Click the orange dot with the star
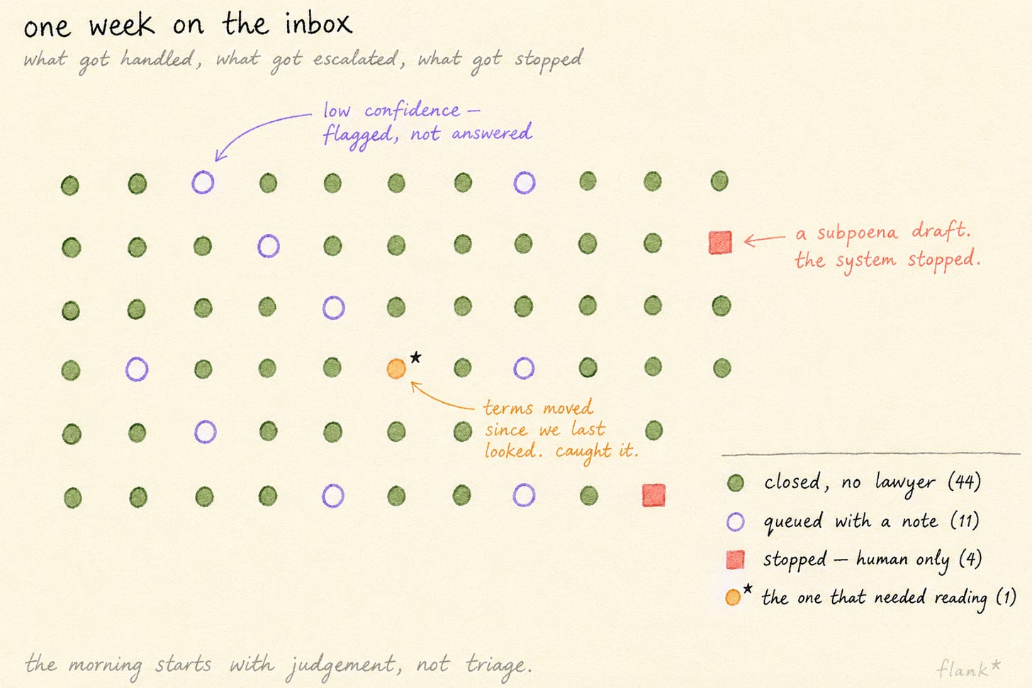pyautogui.click(x=396, y=369)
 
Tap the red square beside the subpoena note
pyautogui.click(x=720, y=243)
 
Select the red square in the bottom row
pyautogui.click(x=654, y=495)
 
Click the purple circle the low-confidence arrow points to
pyautogui.click(x=203, y=182)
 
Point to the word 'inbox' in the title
pyautogui.click(x=318, y=23)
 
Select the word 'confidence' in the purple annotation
pyautogui.click(x=412, y=110)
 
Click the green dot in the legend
pyautogui.click(x=735, y=483)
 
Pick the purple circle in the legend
pyautogui.click(x=735, y=522)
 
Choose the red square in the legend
pyautogui.click(x=735, y=560)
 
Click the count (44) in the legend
pyautogui.click(x=964, y=482)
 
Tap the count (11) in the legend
pyautogui.click(x=964, y=521)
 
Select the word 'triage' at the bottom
pyautogui.click(x=498, y=666)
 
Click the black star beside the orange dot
pyautogui.click(x=415, y=357)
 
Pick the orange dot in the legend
pyautogui.click(x=733, y=597)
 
